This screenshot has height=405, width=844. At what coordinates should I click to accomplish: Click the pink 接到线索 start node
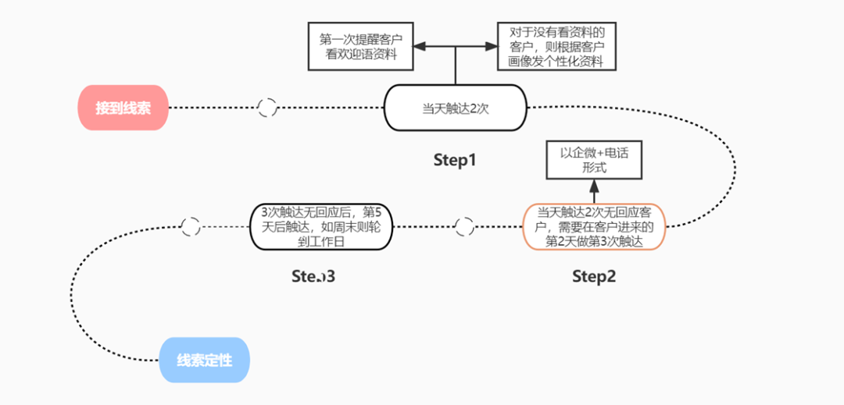(123, 108)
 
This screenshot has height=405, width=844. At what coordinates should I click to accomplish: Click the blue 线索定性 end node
(204, 361)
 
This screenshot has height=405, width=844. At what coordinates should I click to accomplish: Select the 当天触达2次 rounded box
(456, 108)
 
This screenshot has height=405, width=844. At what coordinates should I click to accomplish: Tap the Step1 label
(455, 160)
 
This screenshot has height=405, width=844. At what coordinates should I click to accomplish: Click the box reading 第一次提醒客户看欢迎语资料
(360, 46)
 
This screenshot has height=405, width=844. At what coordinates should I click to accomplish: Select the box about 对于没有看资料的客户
(556, 46)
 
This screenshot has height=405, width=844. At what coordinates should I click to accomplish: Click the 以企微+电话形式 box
(595, 160)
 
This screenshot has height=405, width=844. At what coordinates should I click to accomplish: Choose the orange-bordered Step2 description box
(594, 226)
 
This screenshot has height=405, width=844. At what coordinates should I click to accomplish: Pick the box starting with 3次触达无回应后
(322, 226)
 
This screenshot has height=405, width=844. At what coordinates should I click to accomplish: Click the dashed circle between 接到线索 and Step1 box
(267, 108)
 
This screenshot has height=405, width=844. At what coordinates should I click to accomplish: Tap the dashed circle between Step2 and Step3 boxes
(464, 226)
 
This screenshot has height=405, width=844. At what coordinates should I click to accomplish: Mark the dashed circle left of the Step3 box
(190, 226)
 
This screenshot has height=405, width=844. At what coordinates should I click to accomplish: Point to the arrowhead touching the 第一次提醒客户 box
(420, 47)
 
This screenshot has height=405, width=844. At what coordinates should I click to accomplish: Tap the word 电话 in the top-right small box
(613, 152)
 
